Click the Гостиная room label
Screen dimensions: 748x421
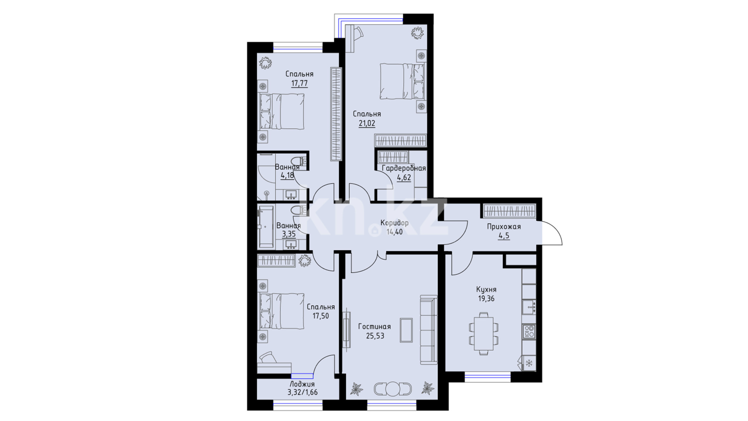click(x=374, y=327)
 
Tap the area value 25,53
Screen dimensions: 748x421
click(x=375, y=336)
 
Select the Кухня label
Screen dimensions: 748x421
click(x=486, y=290)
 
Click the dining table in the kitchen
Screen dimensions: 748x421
click(x=483, y=333)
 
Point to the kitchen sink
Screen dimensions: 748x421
click(x=529, y=307)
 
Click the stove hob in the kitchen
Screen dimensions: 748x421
click(x=529, y=331)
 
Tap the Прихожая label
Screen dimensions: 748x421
click(x=504, y=227)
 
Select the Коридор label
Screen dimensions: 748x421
click(x=395, y=223)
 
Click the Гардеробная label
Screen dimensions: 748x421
click(x=404, y=168)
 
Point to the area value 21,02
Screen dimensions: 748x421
click(x=367, y=124)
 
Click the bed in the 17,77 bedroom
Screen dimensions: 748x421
click(x=281, y=111)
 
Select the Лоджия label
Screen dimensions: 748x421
click(x=302, y=384)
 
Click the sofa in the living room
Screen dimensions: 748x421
click(x=429, y=330)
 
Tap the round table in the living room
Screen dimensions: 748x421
click(x=393, y=389)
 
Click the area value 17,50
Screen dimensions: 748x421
click(x=321, y=316)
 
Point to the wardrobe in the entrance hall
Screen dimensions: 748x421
click(x=510, y=211)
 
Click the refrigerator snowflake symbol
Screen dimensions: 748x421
click(x=529, y=363)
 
